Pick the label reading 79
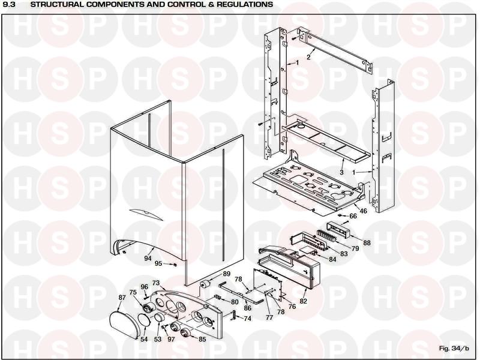click(x=355, y=248)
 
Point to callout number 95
click(x=158, y=263)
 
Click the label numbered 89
click(x=226, y=274)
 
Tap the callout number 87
click(x=122, y=298)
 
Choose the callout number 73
click(x=155, y=283)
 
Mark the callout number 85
click(x=202, y=340)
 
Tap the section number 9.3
click(x=10, y=4)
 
